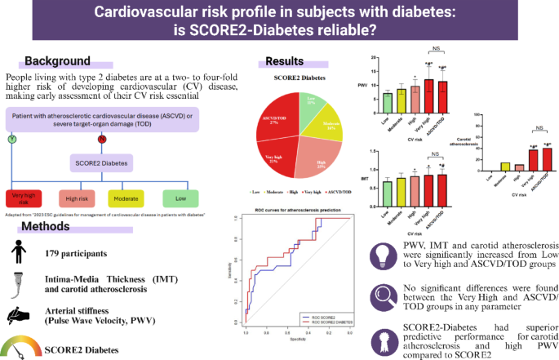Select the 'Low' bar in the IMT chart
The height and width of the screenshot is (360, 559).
click(388, 194)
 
